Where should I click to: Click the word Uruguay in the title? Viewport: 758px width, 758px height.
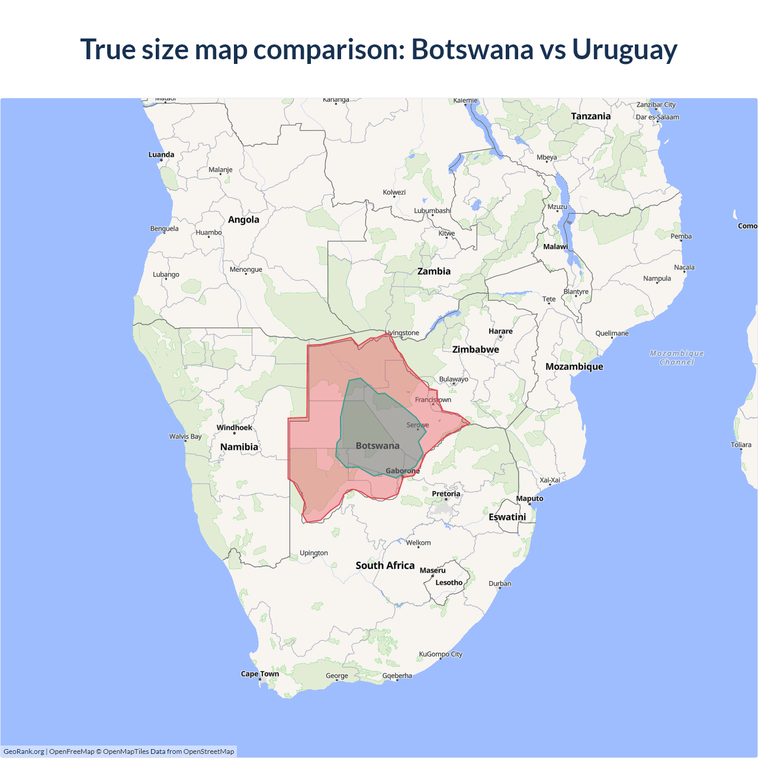(x=624, y=50)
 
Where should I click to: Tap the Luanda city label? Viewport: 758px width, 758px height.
(x=161, y=155)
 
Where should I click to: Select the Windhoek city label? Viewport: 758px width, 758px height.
(x=234, y=428)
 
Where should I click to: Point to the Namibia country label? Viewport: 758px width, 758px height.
(x=239, y=447)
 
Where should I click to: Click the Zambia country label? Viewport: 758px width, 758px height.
(x=434, y=271)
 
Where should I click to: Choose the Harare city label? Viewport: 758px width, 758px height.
(x=500, y=331)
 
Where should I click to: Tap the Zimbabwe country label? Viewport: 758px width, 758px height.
(x=476, y=349)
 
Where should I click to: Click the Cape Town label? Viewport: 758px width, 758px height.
(x=259, y=674)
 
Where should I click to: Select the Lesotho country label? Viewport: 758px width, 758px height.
(x=449, y=583)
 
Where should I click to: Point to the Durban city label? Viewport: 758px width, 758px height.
(x=500, y=583)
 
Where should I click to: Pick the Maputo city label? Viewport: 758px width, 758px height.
(x=529, y=499)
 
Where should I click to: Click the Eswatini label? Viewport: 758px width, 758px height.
(x=508, y=517)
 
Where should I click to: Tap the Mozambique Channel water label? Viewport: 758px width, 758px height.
(x=677, y=358)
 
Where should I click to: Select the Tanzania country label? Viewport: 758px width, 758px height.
(x=590, y=116)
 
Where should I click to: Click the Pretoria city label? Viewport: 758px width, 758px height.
(x=446, y=494)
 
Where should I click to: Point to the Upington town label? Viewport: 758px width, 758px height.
(x=314, y=553)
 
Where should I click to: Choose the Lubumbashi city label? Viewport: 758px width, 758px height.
(x=432, y=211)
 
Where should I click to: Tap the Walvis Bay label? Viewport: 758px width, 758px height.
(x=185, y=436)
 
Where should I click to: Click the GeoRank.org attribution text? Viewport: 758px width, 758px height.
(x=24, y=751)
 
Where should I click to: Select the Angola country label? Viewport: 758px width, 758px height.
(x=243, y=220)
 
